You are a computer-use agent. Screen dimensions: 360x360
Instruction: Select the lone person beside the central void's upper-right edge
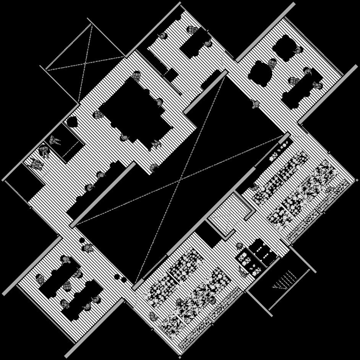click(x=254, y=104)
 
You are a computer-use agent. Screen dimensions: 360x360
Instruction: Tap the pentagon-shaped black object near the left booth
click(x=72, y=122)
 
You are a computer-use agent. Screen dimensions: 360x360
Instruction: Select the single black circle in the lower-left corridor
click(x=82, y=240)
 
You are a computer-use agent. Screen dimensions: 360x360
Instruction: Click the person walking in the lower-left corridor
click(x=88, y=249)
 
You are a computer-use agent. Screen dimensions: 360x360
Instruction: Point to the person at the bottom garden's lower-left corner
click(x=153, y=316)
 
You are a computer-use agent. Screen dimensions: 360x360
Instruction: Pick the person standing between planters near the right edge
click(x=329, y=190)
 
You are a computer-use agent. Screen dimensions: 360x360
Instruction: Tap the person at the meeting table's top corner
click(x=137, y=76)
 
